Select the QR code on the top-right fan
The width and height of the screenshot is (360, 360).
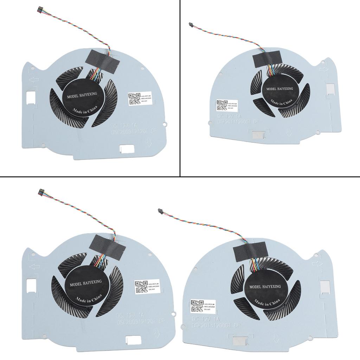pos(222,105)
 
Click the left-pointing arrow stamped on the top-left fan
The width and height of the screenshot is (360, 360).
pos(34,81)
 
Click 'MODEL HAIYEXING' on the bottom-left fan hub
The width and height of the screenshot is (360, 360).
pos(86,282)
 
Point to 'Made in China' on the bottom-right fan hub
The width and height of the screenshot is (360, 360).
pos(265,302)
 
